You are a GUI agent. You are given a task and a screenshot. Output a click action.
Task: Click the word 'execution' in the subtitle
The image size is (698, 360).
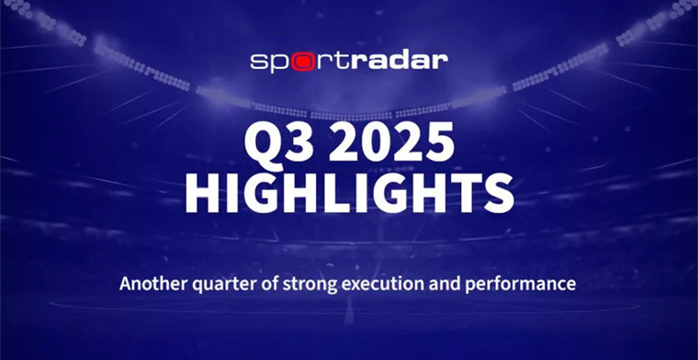tap(387, 284)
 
